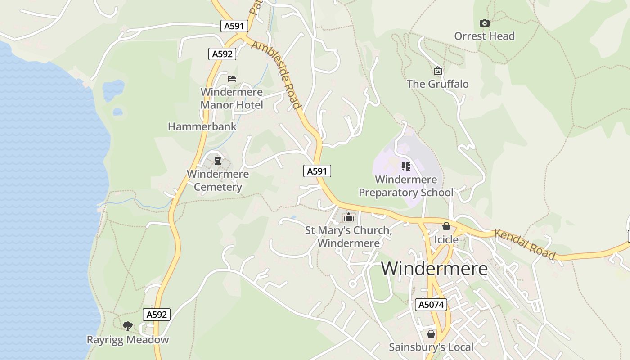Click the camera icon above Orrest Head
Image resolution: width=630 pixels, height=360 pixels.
484,23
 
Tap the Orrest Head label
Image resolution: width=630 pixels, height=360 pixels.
484,36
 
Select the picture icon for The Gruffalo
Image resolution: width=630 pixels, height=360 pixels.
437,71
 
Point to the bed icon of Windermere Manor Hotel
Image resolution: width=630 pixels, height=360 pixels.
232,79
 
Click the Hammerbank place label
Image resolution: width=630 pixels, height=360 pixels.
202,126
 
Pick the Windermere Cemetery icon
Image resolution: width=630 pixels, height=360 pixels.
218,161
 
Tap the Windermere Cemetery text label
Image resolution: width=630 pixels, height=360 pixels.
218,180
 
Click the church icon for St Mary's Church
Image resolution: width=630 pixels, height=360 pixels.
348,217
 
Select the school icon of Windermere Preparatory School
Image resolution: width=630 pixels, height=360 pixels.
406,167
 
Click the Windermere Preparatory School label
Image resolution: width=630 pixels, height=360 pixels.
406,186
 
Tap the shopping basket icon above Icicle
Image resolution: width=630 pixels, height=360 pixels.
446,226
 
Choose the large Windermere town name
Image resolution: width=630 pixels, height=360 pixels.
434,269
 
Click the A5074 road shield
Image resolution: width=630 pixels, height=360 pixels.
431,305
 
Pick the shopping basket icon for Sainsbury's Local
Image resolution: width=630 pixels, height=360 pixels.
431,334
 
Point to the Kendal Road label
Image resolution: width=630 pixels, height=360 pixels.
525,244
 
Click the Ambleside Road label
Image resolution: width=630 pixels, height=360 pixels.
276,75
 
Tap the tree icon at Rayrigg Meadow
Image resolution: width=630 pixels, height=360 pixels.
128,326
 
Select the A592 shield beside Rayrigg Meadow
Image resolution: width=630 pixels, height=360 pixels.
157,315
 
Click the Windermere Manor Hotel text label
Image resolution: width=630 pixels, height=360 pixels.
232,99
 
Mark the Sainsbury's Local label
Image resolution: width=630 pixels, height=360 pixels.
431,347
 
